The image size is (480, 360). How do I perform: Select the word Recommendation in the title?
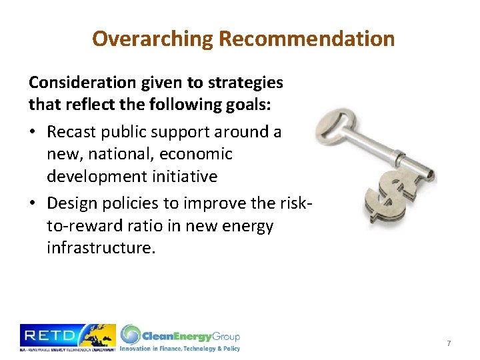click(307, 39)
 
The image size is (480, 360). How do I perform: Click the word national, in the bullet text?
click(113, 154)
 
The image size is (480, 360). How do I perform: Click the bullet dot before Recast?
click(33, 132)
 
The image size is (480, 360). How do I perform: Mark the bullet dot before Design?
click(33, 204)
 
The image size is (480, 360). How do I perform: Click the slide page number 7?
click(449, 343)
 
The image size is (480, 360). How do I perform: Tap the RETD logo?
click(67, 337)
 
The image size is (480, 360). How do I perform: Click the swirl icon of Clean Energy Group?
click(131, 334)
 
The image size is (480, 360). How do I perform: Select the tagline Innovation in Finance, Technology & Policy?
click(180, 348)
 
